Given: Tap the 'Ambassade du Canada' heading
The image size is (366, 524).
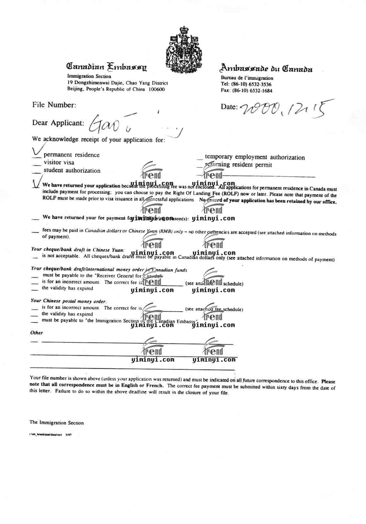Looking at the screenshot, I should tap(266, 68).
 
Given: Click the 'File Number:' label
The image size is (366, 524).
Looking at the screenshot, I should tap(54, 105).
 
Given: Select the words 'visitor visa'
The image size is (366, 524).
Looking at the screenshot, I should tap(59, 163).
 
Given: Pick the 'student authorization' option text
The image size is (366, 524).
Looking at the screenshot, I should tap(72, 171).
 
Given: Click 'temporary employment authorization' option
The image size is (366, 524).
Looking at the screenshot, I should tap(255, 157).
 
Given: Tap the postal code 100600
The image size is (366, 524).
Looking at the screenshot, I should tap(157, 89).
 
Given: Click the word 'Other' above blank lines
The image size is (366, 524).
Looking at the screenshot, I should tap(37, 333).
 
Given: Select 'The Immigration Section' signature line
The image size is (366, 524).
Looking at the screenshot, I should tap(57, 422).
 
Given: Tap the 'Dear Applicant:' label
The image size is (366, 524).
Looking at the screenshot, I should tap(58, 123).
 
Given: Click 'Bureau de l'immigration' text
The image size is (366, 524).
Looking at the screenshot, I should tap(247, 78).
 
